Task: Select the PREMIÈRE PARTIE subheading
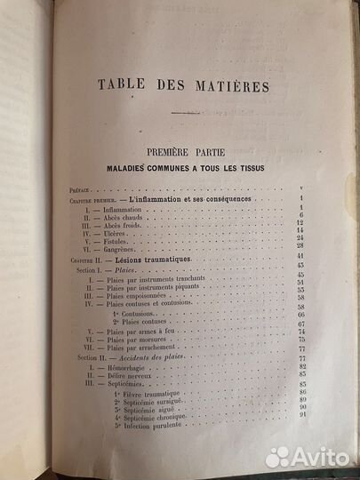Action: click(x=187, y=152)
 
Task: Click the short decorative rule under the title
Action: click(x=184, y=113)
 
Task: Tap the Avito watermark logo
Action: click(x=311, y=457)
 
